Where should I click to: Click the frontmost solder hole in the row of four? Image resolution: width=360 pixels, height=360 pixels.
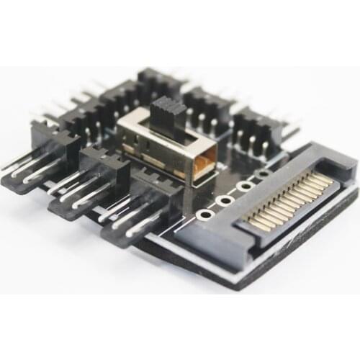[206, 215]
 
